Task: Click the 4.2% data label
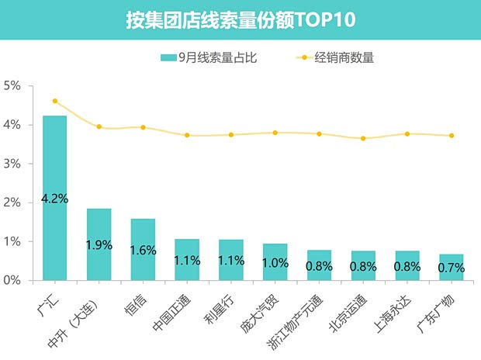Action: point(54,199)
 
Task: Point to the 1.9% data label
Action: point(99,245)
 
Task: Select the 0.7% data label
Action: point(451,268)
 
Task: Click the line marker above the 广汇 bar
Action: point(55,101)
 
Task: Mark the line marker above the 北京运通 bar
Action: point(363,139)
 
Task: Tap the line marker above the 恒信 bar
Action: point(143,127)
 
